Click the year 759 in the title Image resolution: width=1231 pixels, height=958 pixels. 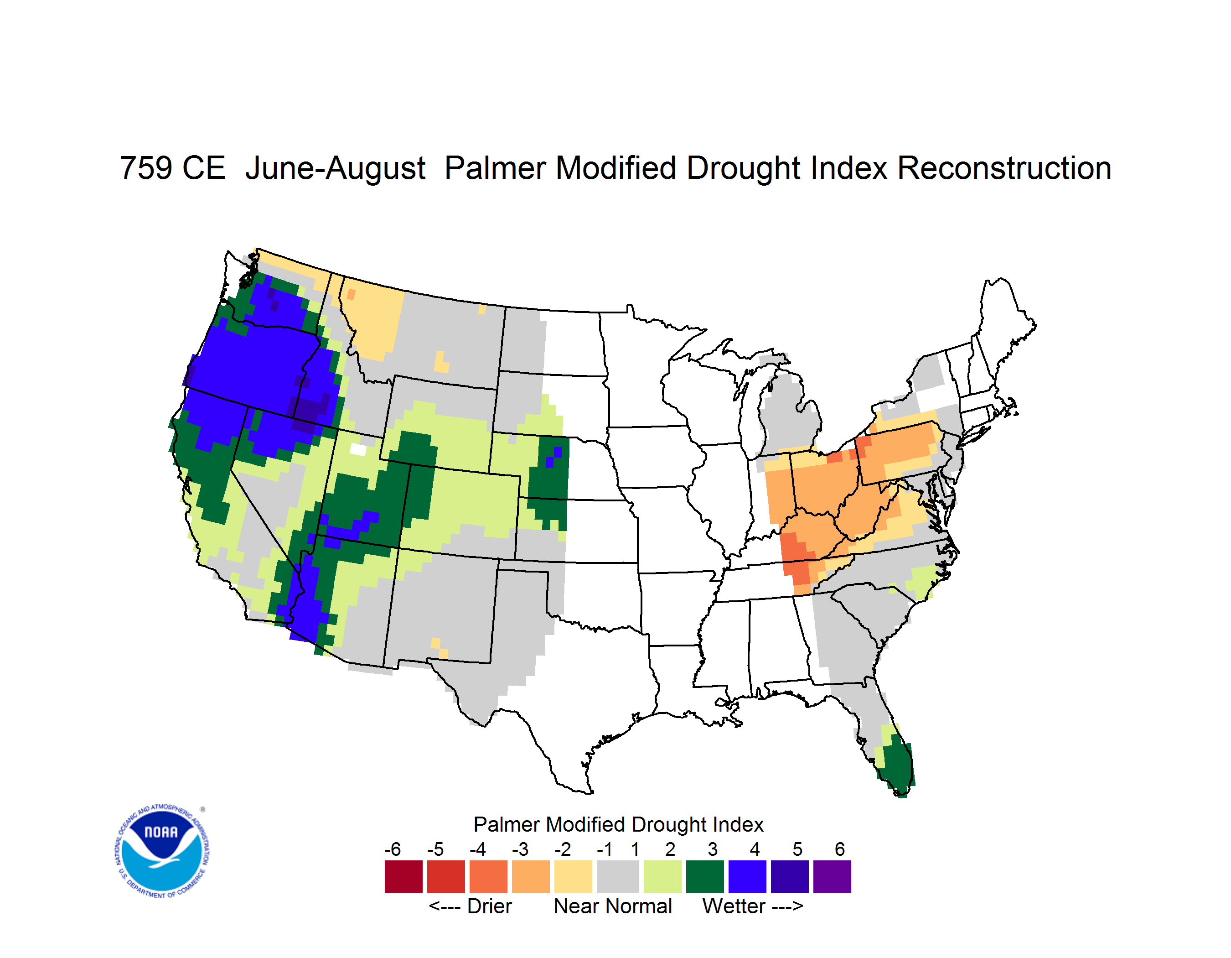coord(146,168)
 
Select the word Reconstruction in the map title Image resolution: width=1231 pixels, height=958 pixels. coord(1004,168)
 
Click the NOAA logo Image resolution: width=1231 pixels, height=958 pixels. coord(162,851)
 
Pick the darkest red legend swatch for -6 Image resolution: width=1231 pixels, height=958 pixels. coord(403,876)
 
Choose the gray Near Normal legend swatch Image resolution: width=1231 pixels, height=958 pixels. coord(618,876)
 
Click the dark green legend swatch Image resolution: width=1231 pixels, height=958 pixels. coord(704,876)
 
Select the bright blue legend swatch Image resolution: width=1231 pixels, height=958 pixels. coord(747,876)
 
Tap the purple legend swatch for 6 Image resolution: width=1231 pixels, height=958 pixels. coord(832,876)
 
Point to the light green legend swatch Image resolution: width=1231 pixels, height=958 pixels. coord(662,876)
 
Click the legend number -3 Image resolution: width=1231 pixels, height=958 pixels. coord(520,849)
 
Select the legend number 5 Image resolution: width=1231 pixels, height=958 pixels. coord(797,849)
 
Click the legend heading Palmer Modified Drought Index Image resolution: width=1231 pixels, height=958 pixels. coord(618,824)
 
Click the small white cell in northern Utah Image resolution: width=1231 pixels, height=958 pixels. coord(358,449)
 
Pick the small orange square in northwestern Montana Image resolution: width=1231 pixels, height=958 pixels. coord(351,294)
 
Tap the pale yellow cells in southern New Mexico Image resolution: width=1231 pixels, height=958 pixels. coord(439,648)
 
